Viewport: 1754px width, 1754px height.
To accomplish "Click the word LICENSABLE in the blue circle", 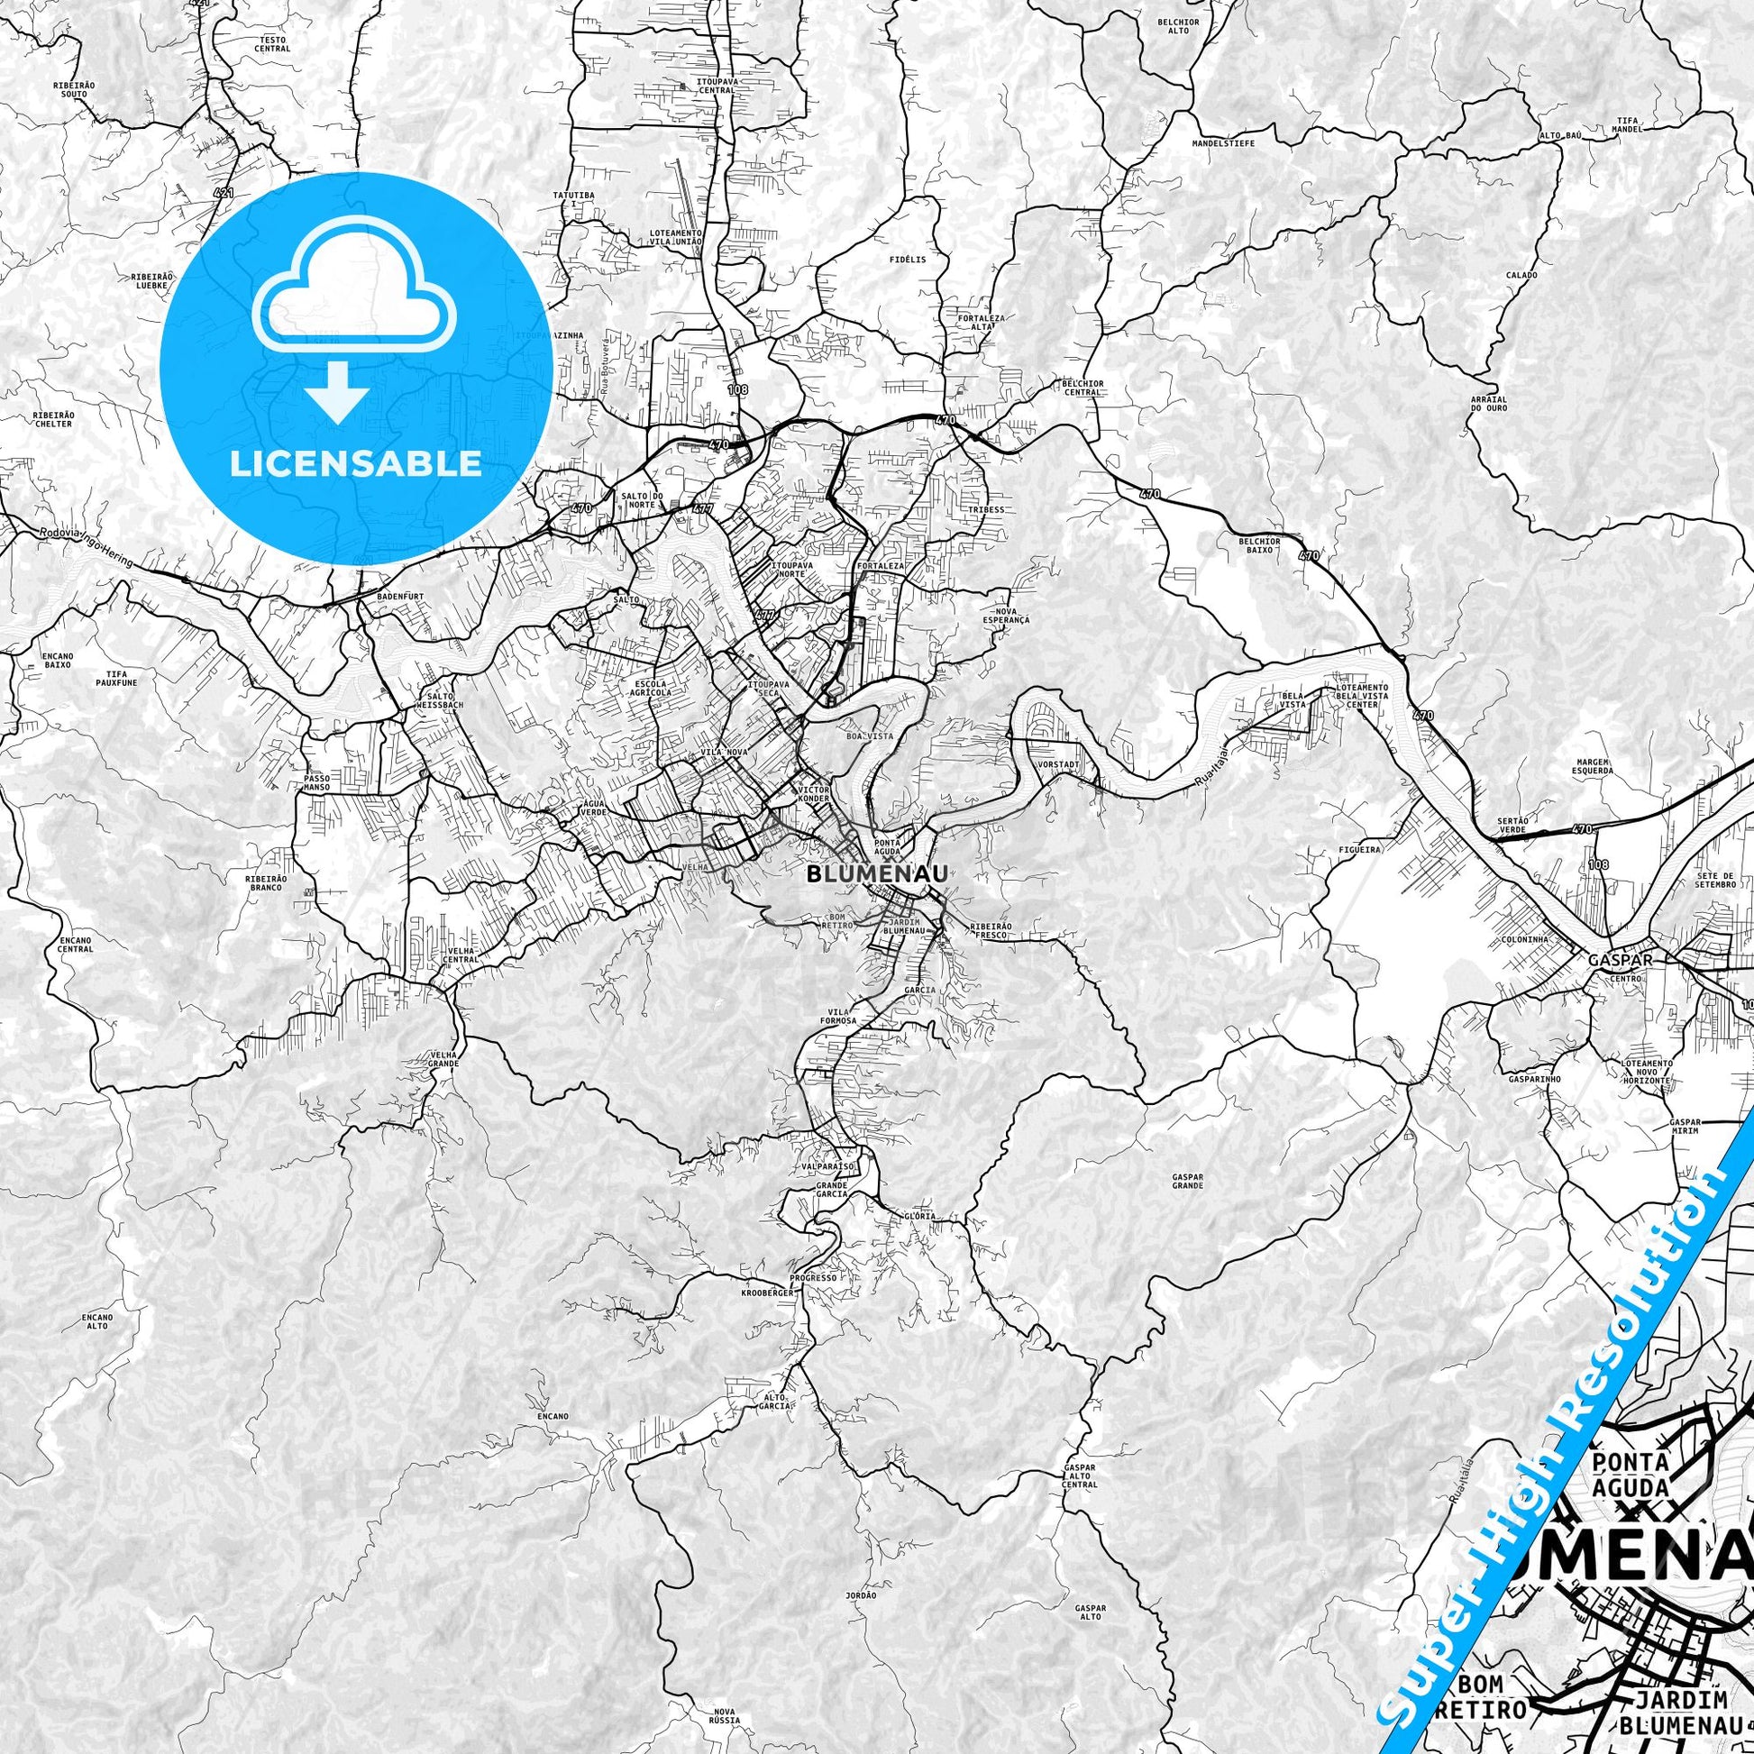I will [x=355, y=464].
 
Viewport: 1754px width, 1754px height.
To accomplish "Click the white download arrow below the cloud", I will [x=337, y=392].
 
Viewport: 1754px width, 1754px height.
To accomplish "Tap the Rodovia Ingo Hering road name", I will [x=87, y=548].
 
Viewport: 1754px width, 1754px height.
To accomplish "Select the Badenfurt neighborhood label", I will [x=397, y=598].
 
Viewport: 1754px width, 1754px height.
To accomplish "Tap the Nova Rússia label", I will [x=726, y=1716].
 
